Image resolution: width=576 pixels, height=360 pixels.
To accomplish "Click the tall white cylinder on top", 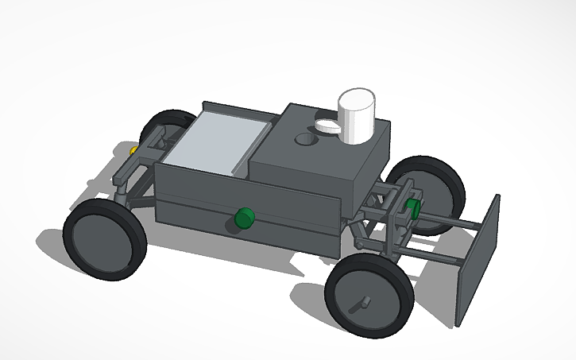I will (x=357, y=117).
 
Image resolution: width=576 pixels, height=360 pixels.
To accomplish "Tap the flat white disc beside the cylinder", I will (x=327, y=124).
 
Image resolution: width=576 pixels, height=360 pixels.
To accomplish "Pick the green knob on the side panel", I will (x=244, y=217).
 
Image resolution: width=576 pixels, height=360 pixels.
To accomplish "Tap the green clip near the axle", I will (x=412, y=209).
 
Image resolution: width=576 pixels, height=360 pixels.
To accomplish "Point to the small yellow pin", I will (x=133, y=149).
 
